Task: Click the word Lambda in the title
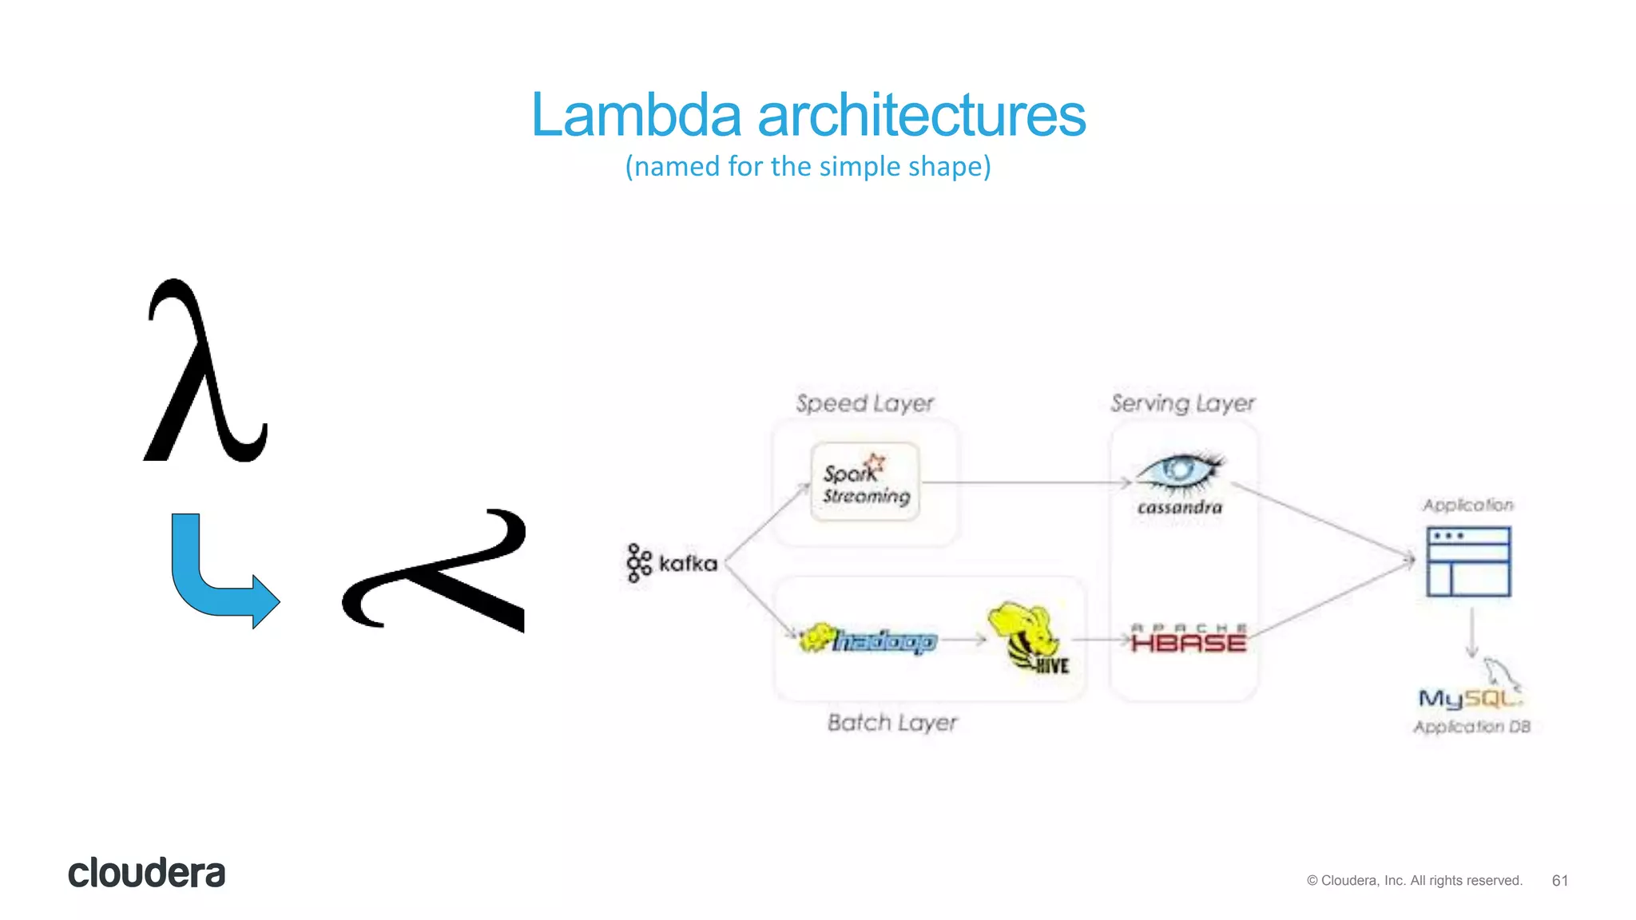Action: point(636,115)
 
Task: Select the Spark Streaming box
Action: point(865,482)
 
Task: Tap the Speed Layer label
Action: point(864,403)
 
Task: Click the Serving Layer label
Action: point(1182,403)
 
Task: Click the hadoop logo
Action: point(868,640)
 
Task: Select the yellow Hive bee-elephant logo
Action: point(1026,636)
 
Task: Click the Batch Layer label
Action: point(891,723)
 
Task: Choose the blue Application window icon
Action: point(1468,561)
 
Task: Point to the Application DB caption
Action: point(1471,727)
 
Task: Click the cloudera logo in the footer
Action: point(146,873)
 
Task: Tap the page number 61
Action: point(1559,880)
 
